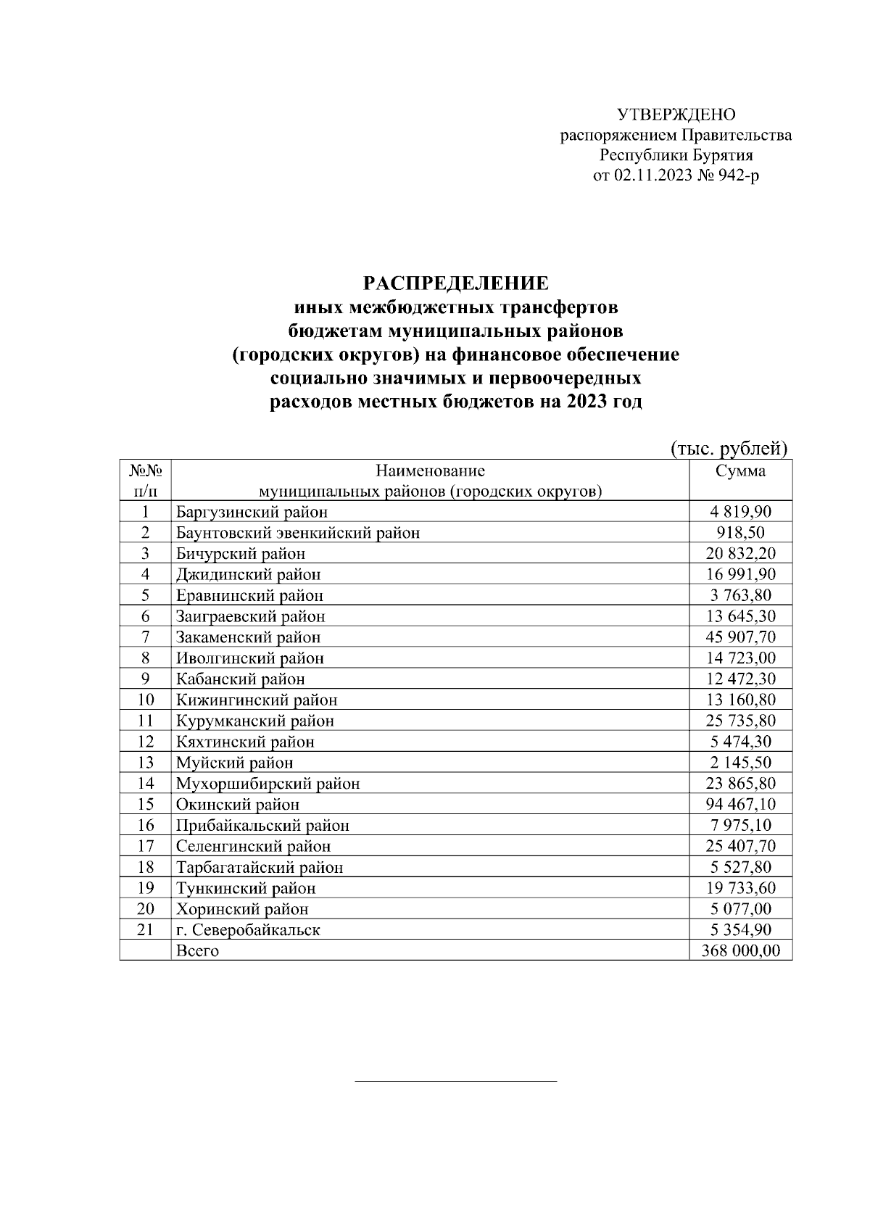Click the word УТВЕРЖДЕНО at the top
point(676,115)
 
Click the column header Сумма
point(739,471)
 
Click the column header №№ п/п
point(145,481)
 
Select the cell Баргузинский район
point(252,513)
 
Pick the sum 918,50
point(739,533)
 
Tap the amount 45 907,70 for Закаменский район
point(739,637)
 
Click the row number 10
point(145,700)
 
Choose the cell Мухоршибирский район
point(268,784)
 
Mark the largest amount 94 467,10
point(739,805)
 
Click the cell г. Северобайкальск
point(248,930)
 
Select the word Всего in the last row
point(197,951)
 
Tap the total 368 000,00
point(740,951)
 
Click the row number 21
point(145,930)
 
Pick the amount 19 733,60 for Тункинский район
point(739,888)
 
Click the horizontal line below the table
point(455,1082)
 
